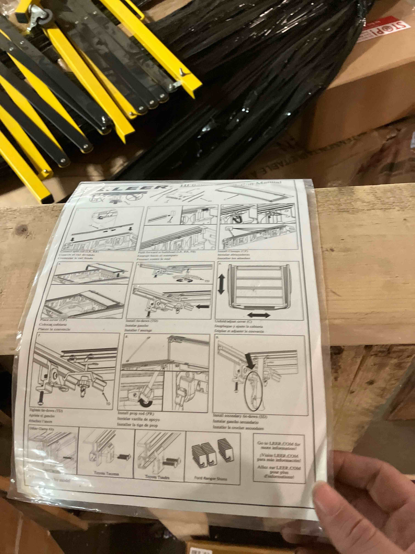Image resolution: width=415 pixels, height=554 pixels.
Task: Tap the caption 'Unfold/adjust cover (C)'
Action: pyautogui.click(x=233, y=322)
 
